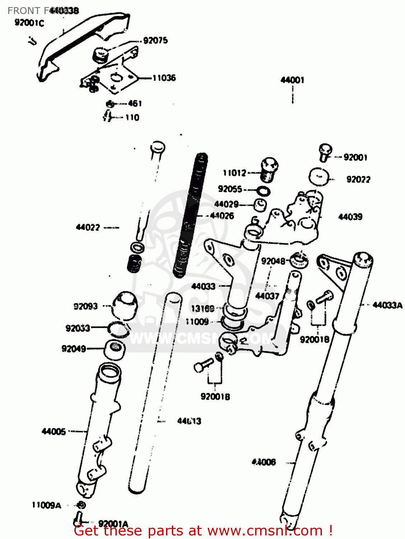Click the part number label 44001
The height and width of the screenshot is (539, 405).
pyautogui.click(x=292, y=80)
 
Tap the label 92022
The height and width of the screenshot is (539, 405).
pyautogui.click(x=358, y=179)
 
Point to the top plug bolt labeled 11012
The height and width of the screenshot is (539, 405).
pyautogui.click(x=268, y=170)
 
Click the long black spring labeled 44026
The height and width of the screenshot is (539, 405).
pyautogui.click(x=190, y=216)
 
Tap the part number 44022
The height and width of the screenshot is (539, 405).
pyautogui.click(x=88, y=227)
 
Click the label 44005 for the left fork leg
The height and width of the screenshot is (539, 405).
pyautogui.click(x=54, y=431)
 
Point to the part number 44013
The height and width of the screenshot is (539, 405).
pyautogui.click(x=189, y=421)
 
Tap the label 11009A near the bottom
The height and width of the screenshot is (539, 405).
pyautogui.click(x=46, y=505)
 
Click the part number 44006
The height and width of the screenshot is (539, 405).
pyautogui.click(x=264, y=462)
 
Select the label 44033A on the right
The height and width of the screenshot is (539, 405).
pyautogui.click(x=387, y=305)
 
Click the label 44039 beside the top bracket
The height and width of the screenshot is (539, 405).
pyautogui.click(x=350, y=217)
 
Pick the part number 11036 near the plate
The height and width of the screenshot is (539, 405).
pyautogui.click(x=164, y=78)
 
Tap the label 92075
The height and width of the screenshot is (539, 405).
pyautogui.click(x=155, y=40)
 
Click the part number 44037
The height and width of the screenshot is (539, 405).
pyautogui.click(x=267, y=296)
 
